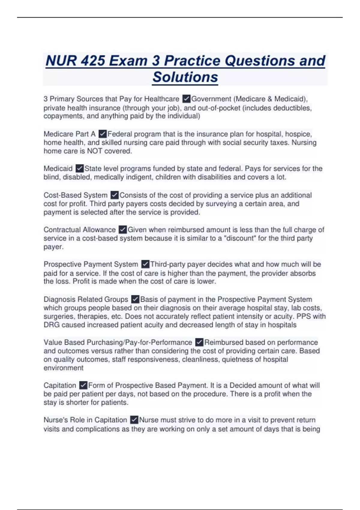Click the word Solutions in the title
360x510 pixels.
pos(185,77)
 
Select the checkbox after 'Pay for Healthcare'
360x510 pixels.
pos(186,99)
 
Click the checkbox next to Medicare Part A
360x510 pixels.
pos(103,134)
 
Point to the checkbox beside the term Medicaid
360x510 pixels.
pos(79,168)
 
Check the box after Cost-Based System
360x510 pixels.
pos(115,195)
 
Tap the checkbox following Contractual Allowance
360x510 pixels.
pos(123,230)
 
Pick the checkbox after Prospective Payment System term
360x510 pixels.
pos(145,264)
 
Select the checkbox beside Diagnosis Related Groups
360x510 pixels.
pos(135,299)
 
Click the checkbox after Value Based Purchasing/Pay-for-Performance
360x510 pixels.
pos(199,342)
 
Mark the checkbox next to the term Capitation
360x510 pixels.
pos(83,385)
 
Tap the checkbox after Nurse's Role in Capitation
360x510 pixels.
pos(134,420)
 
